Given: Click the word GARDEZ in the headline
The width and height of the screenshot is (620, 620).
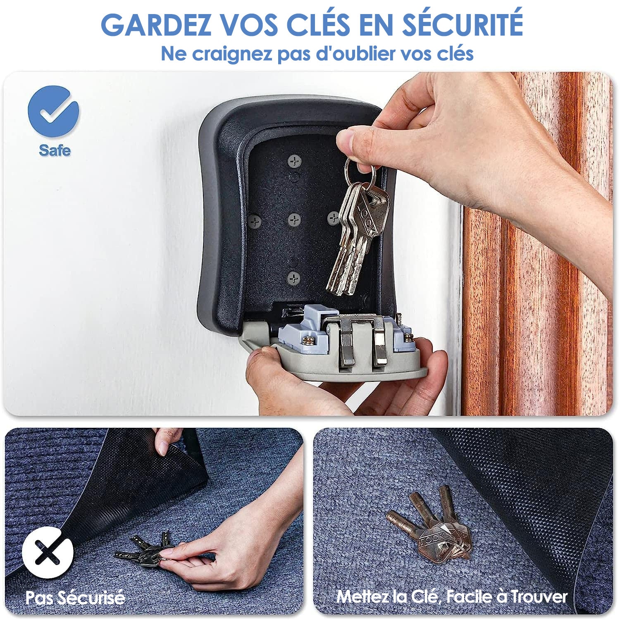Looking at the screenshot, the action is coord(156,25).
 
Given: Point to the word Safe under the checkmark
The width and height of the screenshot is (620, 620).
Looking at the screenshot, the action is coord(55,150).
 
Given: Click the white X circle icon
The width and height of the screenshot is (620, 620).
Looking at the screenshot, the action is coord(48,552).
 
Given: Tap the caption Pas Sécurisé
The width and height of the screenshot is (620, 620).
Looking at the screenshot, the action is coord(75,598).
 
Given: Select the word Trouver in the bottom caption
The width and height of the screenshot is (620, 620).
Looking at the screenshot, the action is coord(539,596).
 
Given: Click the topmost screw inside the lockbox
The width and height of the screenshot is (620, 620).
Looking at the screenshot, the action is coord(294,161).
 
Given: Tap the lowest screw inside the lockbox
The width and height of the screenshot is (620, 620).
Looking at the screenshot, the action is coord(293,278).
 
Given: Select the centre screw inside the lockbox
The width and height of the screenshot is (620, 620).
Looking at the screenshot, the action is coord(294,219).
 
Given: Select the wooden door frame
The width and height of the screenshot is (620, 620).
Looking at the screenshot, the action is coord(537,244).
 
